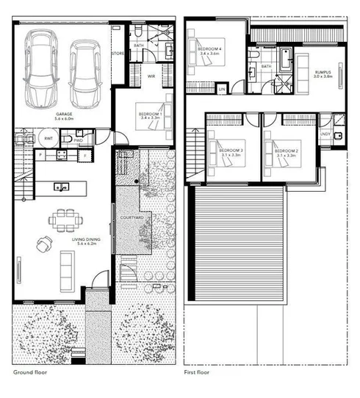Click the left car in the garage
(42, 70)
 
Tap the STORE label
(118, 54)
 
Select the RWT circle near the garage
(48, 137)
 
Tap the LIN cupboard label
(222, 88)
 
